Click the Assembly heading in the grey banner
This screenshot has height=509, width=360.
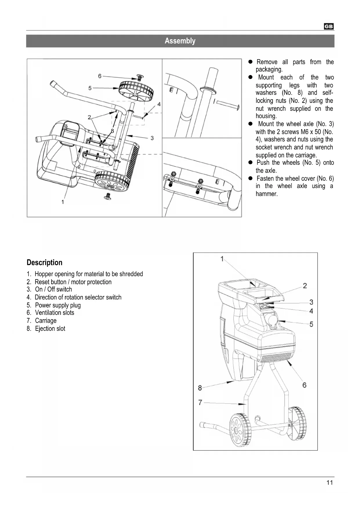point(180,41)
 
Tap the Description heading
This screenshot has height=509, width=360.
point(44,263)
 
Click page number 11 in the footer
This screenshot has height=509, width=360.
point(330,483)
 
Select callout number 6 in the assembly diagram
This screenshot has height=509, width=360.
point(100,76)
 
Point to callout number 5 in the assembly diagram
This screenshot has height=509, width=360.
point(90,88)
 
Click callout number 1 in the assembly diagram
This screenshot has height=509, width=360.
point(63,202)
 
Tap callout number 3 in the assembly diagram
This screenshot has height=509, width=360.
point(152,138)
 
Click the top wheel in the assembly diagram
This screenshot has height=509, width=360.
point(136,90)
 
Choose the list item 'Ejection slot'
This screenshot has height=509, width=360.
point(50,328)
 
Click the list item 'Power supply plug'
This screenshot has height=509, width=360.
point(58,305)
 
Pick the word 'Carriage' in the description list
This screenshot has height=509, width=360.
point(46,321)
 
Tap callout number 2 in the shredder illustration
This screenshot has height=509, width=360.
point(305,286)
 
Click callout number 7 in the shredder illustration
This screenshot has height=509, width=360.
point(200,402)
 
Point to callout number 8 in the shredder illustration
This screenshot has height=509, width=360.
point(200,388)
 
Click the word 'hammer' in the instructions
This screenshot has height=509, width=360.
point(266,194)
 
